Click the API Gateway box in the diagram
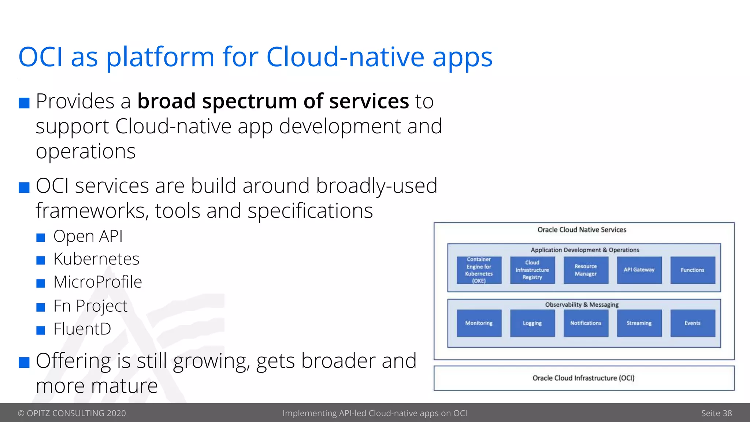639,270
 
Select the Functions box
693,270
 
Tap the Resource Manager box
586,270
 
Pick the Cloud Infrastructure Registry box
532,270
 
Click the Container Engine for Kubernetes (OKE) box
479,270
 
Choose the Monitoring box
479,323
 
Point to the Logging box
532,323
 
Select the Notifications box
586,323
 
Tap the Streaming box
639,323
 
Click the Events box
693,323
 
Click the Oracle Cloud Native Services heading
582,230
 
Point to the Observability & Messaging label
582,304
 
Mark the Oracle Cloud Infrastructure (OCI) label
583,378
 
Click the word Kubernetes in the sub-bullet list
96,259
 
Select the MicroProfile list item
97,282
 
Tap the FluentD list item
82,329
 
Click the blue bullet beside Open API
41,238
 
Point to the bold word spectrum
249,101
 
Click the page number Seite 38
716,413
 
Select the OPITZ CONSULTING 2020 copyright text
72,413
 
